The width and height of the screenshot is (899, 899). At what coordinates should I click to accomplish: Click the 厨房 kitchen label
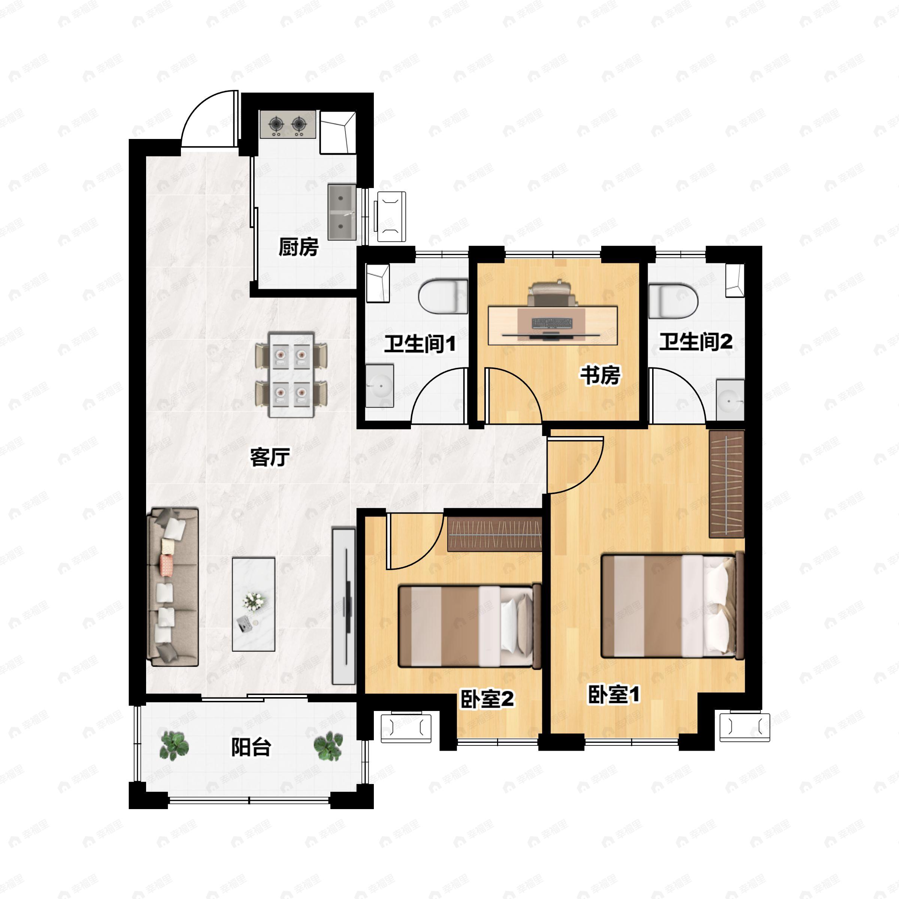coord(298,247)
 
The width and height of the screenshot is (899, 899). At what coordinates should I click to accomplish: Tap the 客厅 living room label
coord(270,457)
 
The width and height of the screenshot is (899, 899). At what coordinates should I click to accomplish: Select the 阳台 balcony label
coord(251,748)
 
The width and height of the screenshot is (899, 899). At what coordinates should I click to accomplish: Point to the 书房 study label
coord(600,375)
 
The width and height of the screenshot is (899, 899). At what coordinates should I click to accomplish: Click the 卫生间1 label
coord(420,344)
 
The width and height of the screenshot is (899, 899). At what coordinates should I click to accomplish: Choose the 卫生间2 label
coord(696,342)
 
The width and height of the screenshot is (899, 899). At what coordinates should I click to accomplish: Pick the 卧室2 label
coord(487,699)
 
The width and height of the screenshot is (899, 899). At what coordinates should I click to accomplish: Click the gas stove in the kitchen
coord(288,124)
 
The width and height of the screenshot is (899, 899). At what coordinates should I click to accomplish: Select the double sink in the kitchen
coord(342,212)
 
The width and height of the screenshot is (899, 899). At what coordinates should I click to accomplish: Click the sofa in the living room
coord(173,586)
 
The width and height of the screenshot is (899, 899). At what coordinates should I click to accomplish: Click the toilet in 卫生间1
coord(443,296)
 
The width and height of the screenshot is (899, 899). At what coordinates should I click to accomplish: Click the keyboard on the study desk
coord(552,323)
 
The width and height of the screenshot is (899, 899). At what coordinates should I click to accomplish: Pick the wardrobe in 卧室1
coord(726,484)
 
